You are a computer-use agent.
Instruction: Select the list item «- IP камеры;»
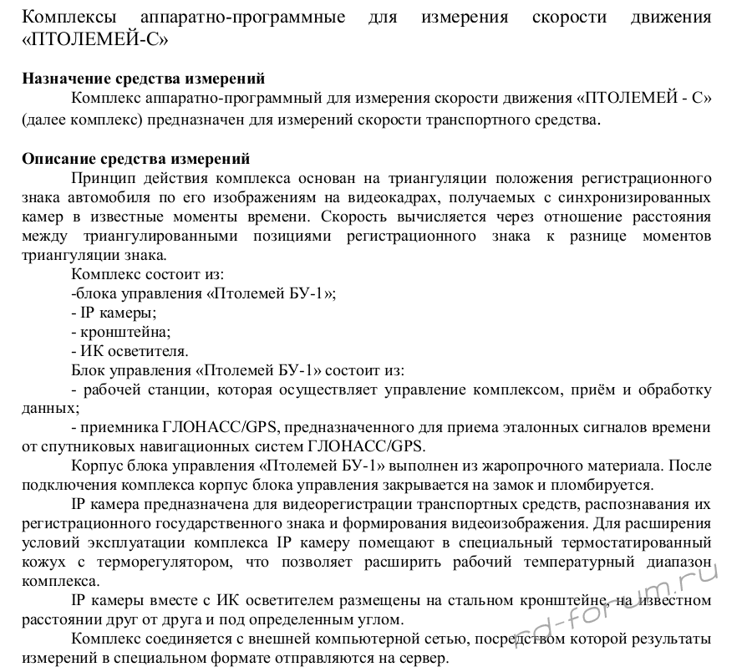[114, 313]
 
